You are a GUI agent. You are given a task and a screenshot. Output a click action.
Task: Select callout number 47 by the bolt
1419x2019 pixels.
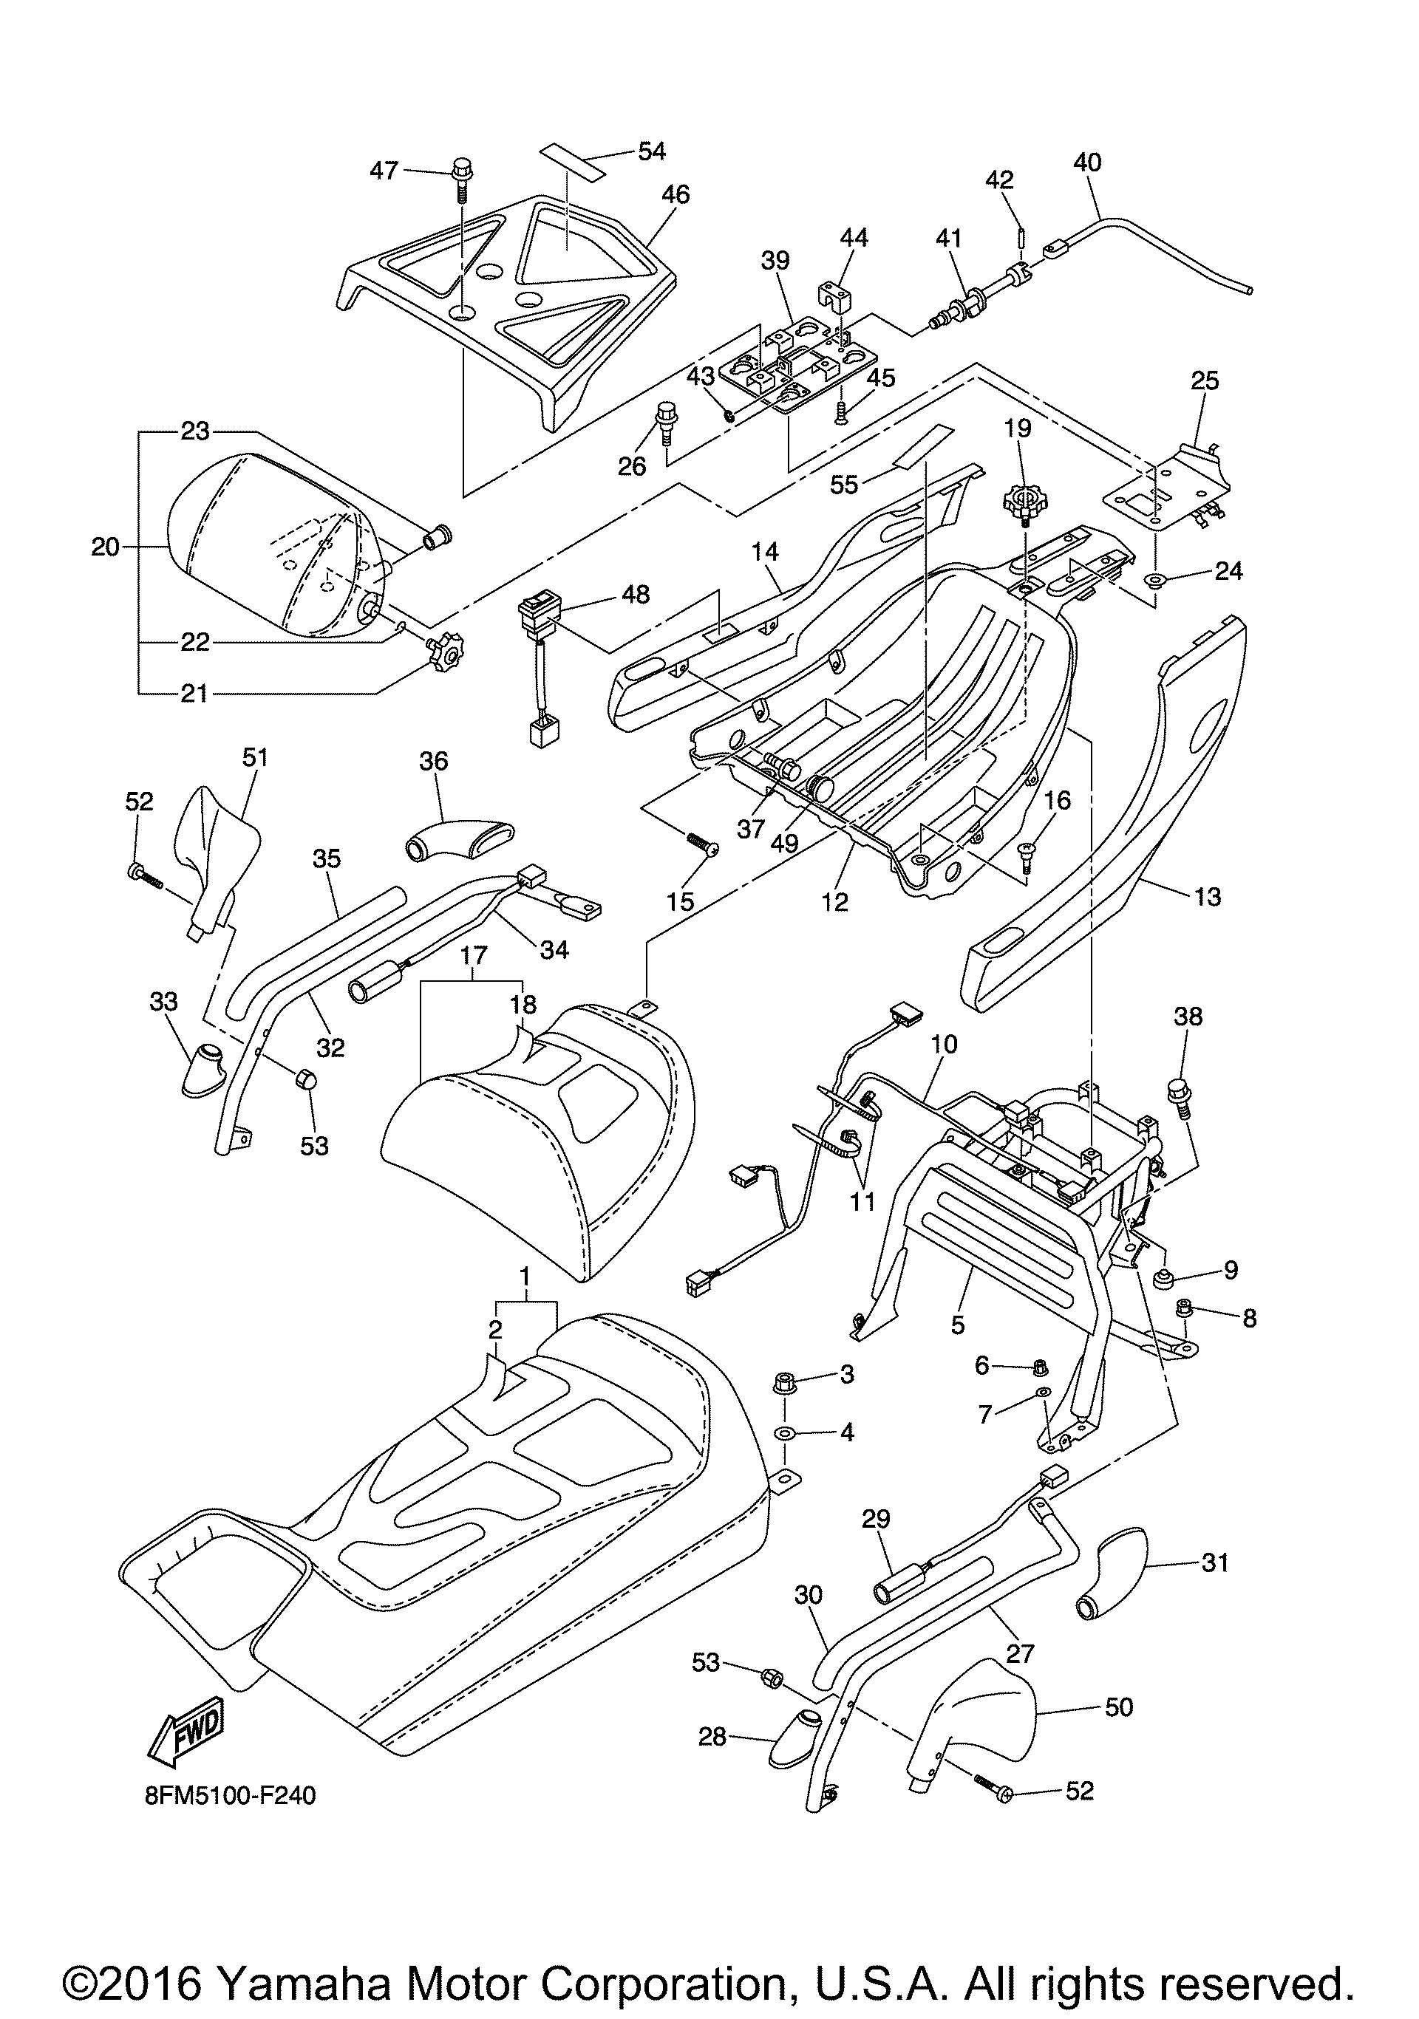pyautogui.click(x=384, y=170)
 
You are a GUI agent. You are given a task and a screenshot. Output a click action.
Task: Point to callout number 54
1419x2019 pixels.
pyautogui.click(x=652, y=151)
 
